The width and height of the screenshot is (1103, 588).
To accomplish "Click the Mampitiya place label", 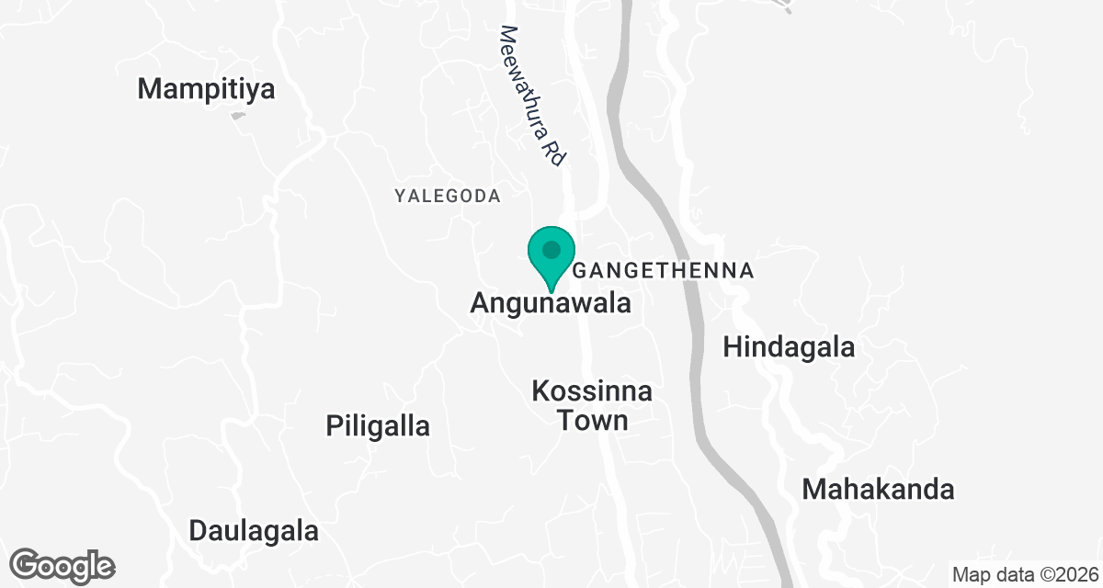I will pos(207,89).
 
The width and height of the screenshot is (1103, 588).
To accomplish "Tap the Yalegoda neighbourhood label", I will pos(448,196).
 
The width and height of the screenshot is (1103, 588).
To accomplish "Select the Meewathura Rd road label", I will pos(531,96).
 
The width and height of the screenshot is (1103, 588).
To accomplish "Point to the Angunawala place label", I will pos(551,303).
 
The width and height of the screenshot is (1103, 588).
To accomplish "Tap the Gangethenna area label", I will pos(664,271).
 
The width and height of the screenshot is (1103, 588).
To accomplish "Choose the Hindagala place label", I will pos(789,347).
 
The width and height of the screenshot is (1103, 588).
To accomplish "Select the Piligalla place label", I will pos(378,426).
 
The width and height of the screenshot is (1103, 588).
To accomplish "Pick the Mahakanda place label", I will pos(878,490).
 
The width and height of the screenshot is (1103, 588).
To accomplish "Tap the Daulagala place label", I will pos(254,531).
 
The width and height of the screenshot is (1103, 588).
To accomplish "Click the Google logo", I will pos(63,565).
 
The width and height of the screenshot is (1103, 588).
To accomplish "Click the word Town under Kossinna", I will pos(592,421).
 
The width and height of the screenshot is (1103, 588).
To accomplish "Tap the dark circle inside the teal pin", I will pos(551,249).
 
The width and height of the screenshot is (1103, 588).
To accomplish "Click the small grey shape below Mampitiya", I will pos(238,116).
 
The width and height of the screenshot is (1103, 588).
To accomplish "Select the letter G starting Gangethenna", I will pos(580,271).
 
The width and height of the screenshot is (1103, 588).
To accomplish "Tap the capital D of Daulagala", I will pos(199,531).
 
